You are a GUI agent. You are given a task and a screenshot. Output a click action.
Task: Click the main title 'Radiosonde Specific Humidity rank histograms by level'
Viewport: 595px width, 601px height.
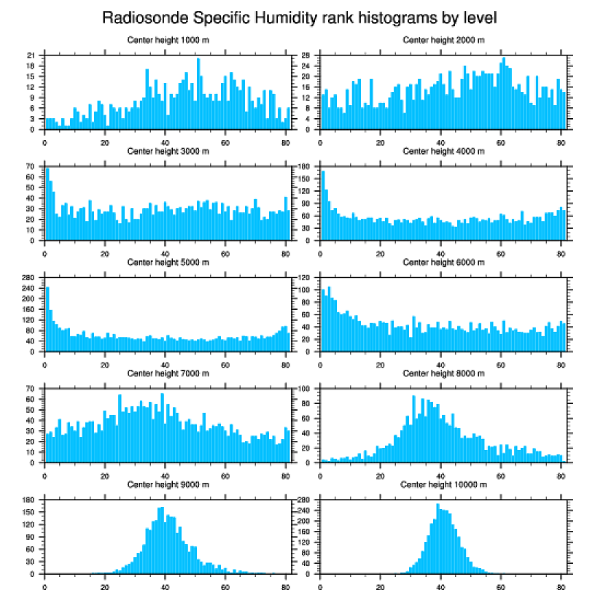pyautogui.click(x=299, y=17)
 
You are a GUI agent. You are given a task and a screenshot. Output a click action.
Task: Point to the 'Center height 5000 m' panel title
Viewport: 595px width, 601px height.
pyautogui.click(x=168, y=263)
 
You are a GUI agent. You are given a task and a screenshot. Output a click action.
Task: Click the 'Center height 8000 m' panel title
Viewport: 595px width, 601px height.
pyautogui.click(x=443, y=373)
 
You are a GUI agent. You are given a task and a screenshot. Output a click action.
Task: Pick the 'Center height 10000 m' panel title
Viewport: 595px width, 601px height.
pyautogui.click(x=443, y=484)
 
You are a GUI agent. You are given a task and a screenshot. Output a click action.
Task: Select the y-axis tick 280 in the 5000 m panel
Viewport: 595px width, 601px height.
pyautogui.click(x=29, y=278)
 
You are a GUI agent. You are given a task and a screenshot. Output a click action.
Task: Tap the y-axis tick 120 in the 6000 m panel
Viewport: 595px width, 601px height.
pyautogui.click(x=305, y=278)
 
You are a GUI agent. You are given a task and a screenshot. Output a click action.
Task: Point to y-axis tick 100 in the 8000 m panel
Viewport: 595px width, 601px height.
pyautogui.click(x=305, y=389)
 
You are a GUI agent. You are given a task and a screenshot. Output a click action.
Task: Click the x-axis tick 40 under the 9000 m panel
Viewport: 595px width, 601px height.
pyautogui.click(x=165, y=584)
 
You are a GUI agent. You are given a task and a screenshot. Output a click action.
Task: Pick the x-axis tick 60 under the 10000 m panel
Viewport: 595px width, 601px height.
pyautogui.click(x=501, y=584)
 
